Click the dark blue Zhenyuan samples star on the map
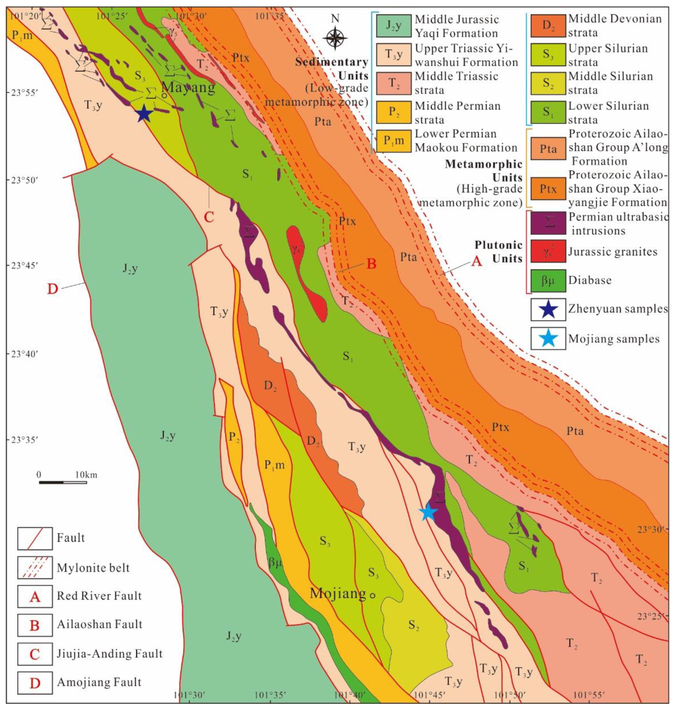point(143,113)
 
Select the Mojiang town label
point(338,593)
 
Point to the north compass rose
point(335,37)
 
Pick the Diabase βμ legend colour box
point(548,280)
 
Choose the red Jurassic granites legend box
point(548,251)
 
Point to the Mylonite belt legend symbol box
point(35,568)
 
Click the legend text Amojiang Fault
point(99,682)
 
